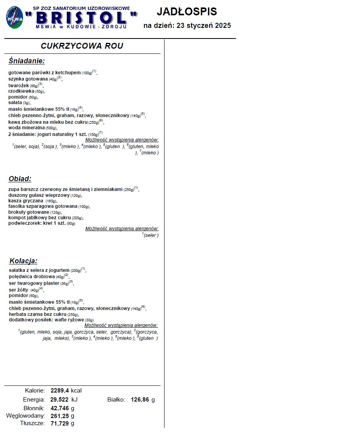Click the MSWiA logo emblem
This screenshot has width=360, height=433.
coord(14,18)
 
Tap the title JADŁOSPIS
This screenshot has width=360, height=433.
coord(186,12)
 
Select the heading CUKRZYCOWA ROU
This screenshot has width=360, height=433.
coord(82,46)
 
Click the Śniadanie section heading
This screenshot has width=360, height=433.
coord(27,61)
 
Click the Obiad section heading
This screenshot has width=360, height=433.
coord(20,179)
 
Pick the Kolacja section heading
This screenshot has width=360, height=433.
coord(23,261)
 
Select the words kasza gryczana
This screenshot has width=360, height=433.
coord(26,201)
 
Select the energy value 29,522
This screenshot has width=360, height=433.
coord(60,400)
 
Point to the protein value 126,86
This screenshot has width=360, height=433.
coord(140,400)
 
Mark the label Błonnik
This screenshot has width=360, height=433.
coord(34,408)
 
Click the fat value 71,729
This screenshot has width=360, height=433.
coord(60,424)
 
